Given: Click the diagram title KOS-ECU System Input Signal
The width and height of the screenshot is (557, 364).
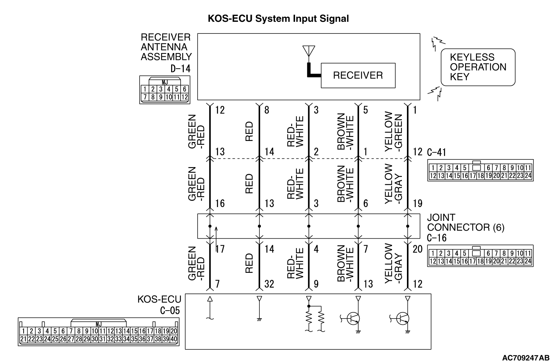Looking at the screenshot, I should click(x=278, y=19).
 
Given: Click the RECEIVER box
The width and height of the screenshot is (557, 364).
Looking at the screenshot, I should click(x=358, y=76).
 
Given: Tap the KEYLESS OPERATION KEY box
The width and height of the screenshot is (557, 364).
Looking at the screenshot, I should click(x=478, y=67).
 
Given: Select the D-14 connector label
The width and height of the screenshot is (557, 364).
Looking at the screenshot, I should click(x=180, y=69).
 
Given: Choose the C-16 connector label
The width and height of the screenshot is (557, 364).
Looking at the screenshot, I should click(x=437, y=238).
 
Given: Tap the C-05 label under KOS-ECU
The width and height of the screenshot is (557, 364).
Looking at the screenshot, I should click(x=170, y=310).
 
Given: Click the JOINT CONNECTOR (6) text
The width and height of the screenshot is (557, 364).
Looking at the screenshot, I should click(x=465, y=223).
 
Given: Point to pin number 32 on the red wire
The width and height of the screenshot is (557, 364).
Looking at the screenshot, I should click(x=269, y=284).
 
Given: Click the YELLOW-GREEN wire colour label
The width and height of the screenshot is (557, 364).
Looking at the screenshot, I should click(x=394, y=132).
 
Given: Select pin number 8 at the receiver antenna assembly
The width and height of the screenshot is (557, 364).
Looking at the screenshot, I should click(x=267, y=110).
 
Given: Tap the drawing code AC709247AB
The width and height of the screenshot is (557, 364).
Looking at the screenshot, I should click(x=526, y=358).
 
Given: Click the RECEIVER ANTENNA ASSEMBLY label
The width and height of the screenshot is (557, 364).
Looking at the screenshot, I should click(x=166, y=47).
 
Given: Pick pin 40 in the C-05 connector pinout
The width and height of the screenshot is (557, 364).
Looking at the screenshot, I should click(x=174, y=339).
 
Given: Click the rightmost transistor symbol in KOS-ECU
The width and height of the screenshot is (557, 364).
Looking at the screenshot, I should click(x=403, y=319).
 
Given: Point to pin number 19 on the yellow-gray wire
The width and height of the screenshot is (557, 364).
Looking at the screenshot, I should click(x=418, y=203).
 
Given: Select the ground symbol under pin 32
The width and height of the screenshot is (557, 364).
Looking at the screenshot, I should click(x=259, y=319).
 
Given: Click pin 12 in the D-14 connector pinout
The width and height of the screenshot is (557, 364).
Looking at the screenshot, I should click(x=184, y=97).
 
